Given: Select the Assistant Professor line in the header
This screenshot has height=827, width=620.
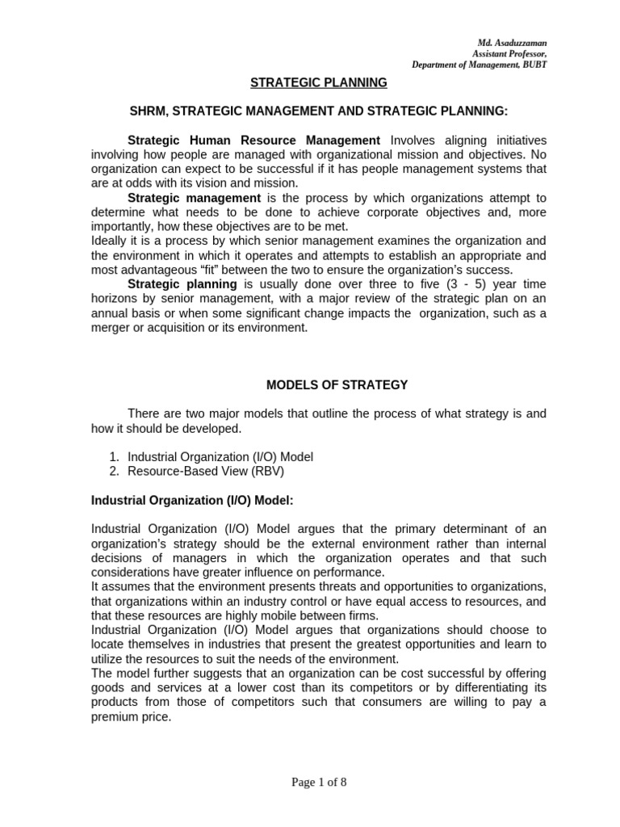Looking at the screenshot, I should [509, 53].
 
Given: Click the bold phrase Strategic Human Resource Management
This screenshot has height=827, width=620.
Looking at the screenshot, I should [254, 141].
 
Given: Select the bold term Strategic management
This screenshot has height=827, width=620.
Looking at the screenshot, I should [194, 198].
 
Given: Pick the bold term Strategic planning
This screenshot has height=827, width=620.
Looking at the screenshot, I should [182, 284].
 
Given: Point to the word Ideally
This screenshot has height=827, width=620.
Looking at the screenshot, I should [110, 241].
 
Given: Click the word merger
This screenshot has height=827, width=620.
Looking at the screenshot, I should [111, 327].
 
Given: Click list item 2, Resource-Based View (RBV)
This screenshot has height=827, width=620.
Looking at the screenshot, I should [207, 471].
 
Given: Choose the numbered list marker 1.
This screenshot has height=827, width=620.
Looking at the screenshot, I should [114, 457].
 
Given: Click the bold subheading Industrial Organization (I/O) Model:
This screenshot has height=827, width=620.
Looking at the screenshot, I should [192, 501].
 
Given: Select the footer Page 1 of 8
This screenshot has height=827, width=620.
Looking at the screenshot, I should [309, 782].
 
